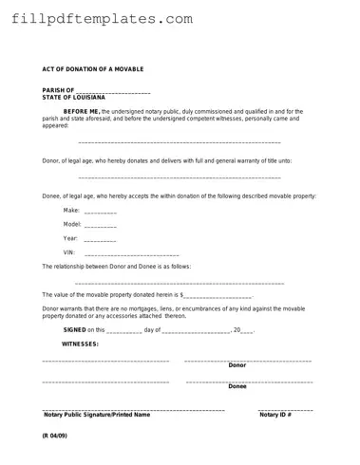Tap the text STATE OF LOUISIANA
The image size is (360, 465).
[74, 97]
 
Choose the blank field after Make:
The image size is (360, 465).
[101, 211]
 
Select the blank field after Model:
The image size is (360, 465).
[101, 226]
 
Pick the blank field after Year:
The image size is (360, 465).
[101, 239]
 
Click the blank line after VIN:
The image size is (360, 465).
[131, 254]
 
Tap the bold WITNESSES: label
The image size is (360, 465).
[81, 344]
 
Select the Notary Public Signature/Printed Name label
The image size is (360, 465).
[97, 415]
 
